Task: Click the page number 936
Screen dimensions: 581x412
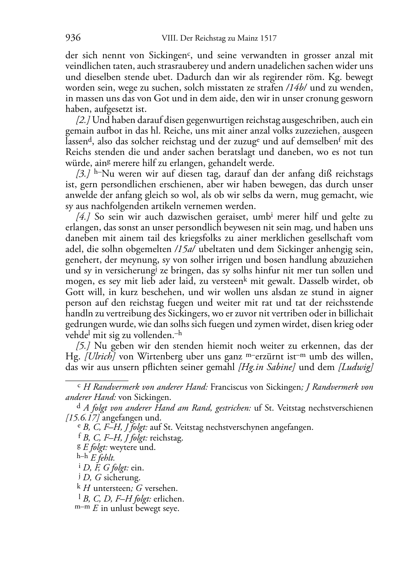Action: [x=73, y=39]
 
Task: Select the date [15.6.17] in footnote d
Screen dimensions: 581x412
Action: [x=82, y=418]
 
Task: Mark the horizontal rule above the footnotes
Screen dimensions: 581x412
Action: [x=97, y=380]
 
